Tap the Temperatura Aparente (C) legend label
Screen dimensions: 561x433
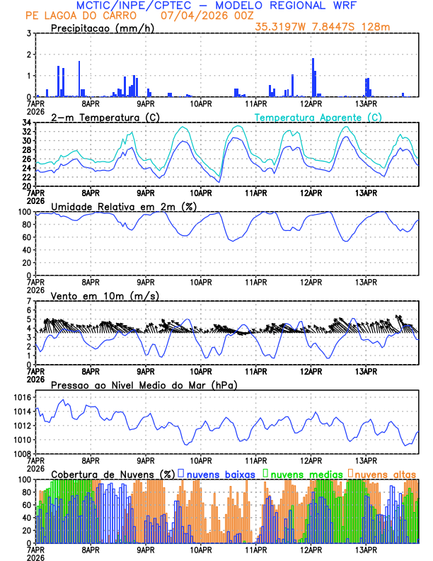click(318, 117)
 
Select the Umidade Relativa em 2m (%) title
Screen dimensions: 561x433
click(123, 206)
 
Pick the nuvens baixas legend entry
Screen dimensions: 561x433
click(220, 473)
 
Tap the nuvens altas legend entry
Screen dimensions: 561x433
click(386, 473)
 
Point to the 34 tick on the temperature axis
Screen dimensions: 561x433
click(26, 123)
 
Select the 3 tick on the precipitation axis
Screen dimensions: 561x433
click(29, 33)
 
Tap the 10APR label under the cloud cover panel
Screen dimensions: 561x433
click(202, 549)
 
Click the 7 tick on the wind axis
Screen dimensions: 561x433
click(29, 301)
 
